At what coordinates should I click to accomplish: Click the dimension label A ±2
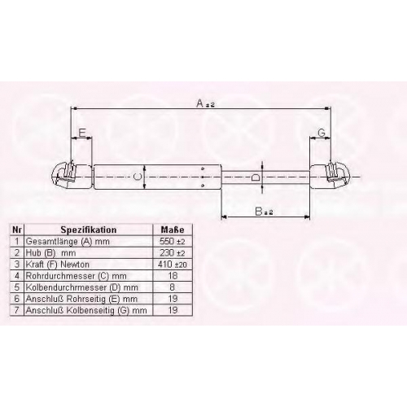tap(205, 103)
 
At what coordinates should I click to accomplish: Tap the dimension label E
tap(82, 133)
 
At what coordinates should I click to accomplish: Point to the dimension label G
tap(322, 133)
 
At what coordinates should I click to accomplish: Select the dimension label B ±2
tap(264, 211)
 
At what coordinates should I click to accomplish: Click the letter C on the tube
tap(138, 177)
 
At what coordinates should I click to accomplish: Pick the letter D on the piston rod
tap(256, 177)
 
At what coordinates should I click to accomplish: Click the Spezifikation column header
tap(89, 230)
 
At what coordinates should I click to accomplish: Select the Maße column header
tap(173, 230)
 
